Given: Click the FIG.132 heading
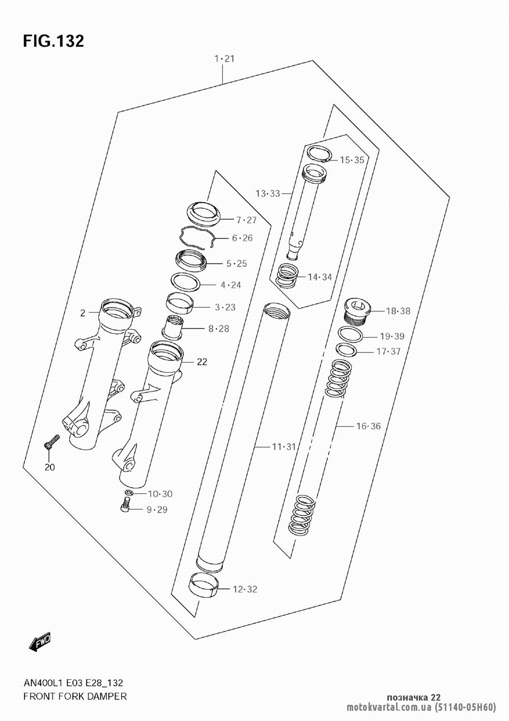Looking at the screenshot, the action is point(53,41).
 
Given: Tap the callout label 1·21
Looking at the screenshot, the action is point(224,59).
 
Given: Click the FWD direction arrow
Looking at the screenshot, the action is point(40,640).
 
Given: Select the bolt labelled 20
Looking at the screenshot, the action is point(51,441).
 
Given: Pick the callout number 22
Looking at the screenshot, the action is point(202,362).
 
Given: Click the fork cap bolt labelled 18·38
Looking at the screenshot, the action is point(357,311).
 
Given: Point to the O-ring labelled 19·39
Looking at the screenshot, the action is point(350,335).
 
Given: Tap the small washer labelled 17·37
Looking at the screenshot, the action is point(346,350).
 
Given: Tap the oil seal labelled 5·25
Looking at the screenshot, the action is point(191,260).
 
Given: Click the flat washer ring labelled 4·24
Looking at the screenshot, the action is point(185,282).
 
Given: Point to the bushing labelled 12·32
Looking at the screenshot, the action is point(203,586).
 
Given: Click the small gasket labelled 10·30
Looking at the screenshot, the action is point(129,492).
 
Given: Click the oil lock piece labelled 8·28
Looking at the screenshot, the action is point(173,328).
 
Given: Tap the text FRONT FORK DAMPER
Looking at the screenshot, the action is point(75,696).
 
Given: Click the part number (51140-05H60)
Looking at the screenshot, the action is point(465,707).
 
